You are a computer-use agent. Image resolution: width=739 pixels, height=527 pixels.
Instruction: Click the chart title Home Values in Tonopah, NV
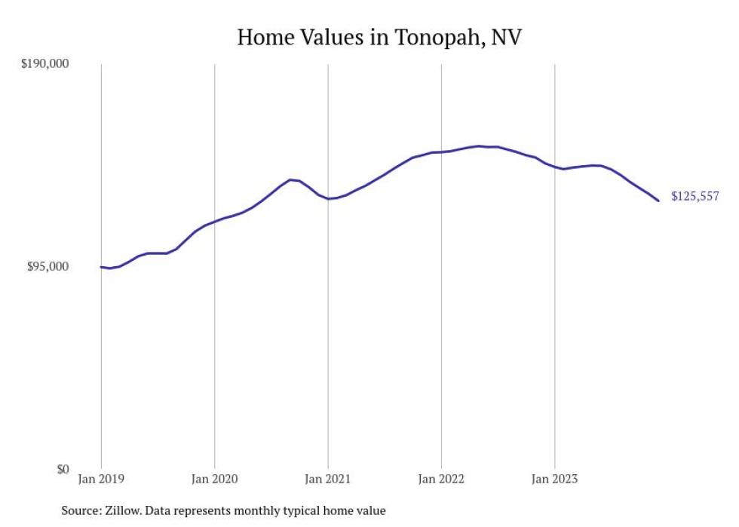tap(379, 37)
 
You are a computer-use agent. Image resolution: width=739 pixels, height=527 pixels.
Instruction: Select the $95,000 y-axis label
tap(48, 266)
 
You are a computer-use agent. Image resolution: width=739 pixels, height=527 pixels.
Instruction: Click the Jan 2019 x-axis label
tap(101, 479)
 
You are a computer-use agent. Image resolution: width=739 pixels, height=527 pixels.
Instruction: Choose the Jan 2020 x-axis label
tap(214, 479)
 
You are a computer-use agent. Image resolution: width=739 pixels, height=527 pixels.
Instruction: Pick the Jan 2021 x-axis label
tap(328, 479)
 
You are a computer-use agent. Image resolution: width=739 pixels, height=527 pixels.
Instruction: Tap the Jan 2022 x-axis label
tap(441, 479)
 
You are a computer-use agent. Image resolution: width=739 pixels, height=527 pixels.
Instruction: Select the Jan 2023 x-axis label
tap(555, 479)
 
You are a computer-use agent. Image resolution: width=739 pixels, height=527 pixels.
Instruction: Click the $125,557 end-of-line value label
tap(695, 197)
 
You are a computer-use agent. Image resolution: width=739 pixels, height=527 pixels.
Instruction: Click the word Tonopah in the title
tap(440, 38)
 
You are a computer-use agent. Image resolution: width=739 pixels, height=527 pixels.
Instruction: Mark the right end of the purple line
tap(659, 201)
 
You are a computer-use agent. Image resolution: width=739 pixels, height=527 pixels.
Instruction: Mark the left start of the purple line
tap(101, 267)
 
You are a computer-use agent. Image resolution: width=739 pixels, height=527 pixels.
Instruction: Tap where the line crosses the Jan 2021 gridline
tap(328, 199)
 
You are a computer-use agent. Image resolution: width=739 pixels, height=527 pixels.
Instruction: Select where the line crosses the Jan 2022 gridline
tap(441, 152)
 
